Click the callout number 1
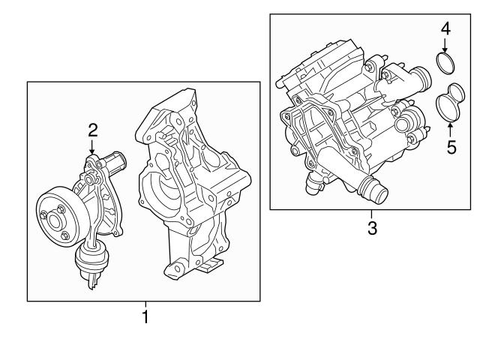coord(145,317)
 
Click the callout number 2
coord(93,130)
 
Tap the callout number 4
coord(445,29)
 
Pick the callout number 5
coord(451,146)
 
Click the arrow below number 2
coord(93,147)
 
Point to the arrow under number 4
coord(445,45)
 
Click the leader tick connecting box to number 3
coord(373,213)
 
